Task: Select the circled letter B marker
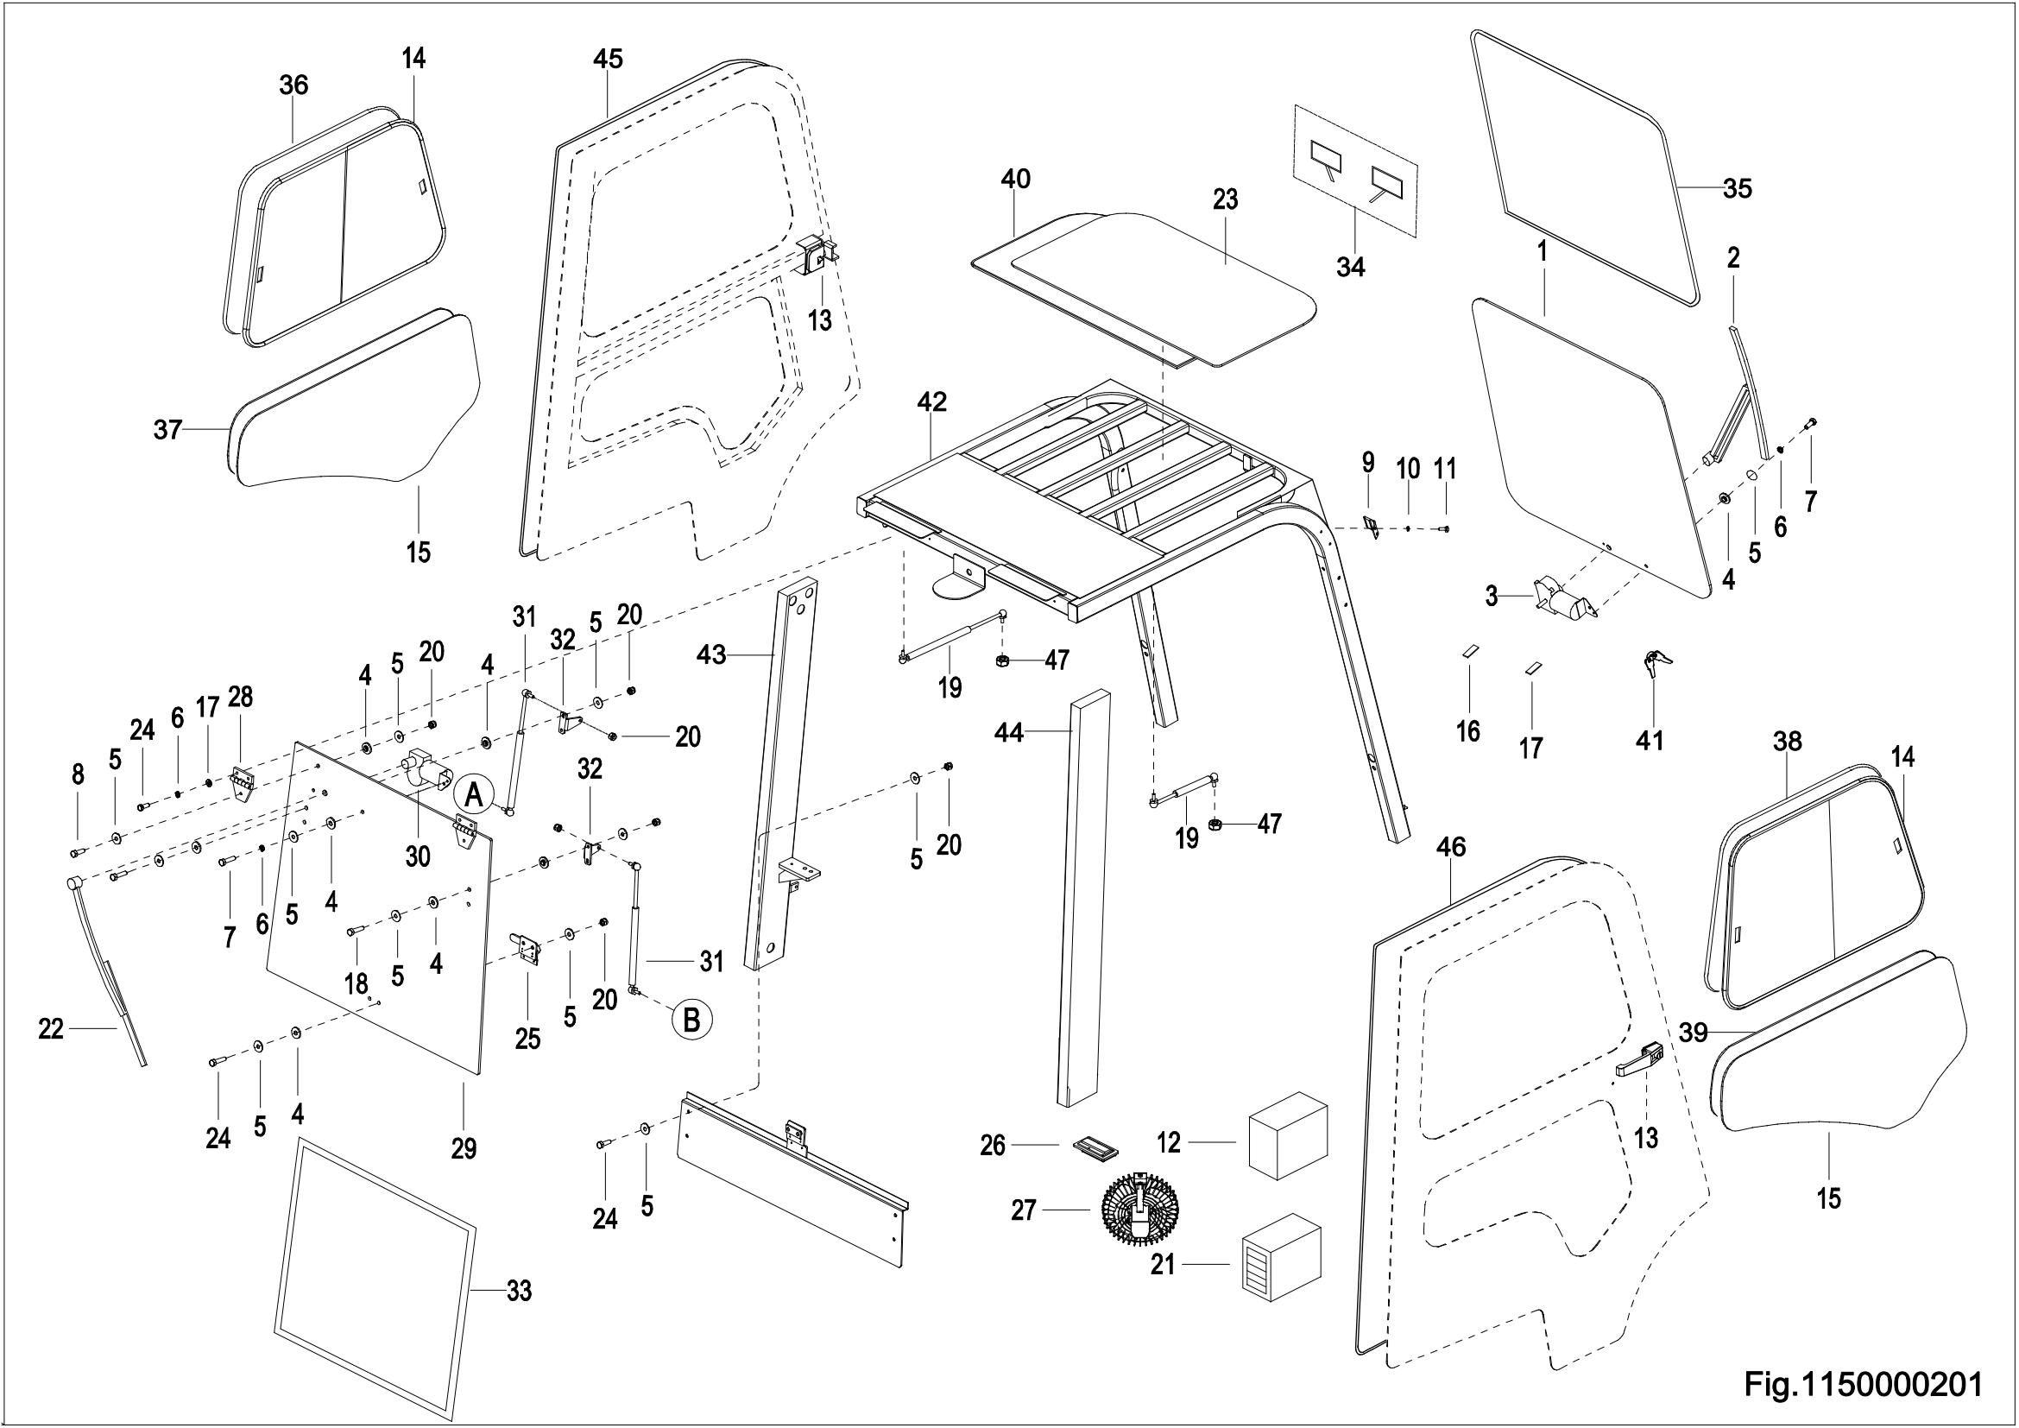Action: point(692,1020)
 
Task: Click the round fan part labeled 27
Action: point(1140,1210)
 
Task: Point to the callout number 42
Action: point(932,401)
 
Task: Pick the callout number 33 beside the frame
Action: point(519,1292)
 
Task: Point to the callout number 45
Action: point(608,59)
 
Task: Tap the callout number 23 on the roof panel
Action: point(1225,199)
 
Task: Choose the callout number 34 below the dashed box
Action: point(1351,266)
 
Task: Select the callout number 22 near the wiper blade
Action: point(51,1029)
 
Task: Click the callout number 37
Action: point(167,429)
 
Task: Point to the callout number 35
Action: point(1737,188)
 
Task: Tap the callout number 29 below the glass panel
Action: point(464,1147)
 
